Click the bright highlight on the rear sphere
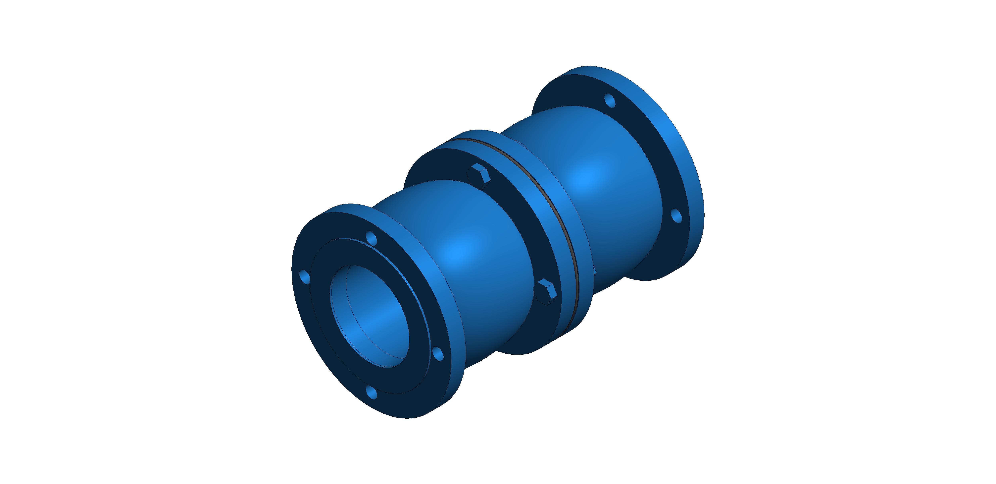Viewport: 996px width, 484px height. tap(584, 178)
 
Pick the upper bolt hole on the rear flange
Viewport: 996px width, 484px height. tap(610, 100)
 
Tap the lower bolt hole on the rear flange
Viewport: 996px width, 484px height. tap(676, 216)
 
